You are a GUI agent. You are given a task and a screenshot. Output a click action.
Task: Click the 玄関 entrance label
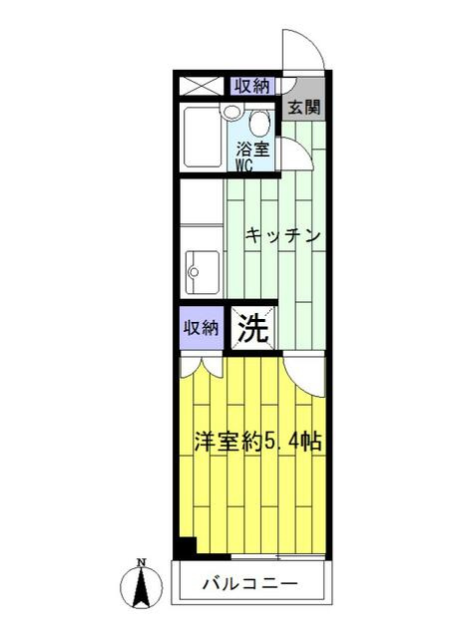click(304, 108)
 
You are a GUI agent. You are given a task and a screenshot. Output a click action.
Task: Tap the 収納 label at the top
click(251, 86)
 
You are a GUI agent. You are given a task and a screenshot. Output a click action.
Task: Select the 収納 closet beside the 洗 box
click(202, 328)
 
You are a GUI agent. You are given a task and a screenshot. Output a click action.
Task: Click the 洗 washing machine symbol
click(253, 328)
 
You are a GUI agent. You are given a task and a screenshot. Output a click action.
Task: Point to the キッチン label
click(283, 235)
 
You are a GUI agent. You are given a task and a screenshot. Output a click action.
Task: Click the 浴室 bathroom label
click(253, 150)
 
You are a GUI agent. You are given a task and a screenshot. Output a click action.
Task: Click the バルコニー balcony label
click(250, 584)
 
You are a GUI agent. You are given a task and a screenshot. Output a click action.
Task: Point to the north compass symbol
click(142, 586)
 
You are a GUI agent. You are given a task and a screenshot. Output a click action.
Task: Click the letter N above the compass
click(142, 562)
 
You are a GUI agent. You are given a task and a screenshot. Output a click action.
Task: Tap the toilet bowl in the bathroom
click(258, 124)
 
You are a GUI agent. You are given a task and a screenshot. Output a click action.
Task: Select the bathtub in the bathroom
click(203, 137)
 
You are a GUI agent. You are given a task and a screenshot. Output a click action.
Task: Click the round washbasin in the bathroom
click(232, 112)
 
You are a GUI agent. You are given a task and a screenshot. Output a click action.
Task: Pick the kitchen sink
click(203, 272)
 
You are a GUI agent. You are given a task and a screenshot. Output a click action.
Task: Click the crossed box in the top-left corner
click(202, 86)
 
